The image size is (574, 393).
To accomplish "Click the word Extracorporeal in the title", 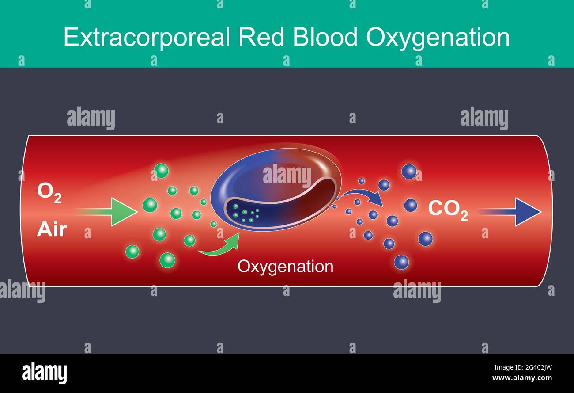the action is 146,37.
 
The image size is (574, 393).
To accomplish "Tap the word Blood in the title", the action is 325,37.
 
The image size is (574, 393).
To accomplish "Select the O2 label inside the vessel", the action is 49,193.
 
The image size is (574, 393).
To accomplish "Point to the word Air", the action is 52,229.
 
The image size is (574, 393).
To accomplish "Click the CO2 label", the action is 448,210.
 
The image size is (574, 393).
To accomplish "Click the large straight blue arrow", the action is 510,212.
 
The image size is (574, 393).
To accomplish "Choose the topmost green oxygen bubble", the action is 161,171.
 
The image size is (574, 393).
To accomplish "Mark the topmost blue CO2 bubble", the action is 409,172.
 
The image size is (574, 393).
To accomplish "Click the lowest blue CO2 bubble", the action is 401,262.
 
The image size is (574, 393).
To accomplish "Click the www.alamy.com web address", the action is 522,378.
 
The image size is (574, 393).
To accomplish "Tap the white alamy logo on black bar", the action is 44,373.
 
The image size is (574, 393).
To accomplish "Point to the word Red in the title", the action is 261,37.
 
